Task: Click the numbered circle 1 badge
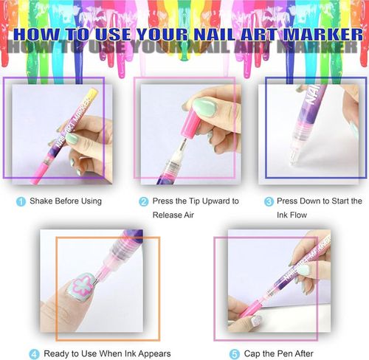21,201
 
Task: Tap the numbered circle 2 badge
143,201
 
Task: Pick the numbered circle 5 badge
235,354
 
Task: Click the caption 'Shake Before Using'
65,201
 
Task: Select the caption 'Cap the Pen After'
278,354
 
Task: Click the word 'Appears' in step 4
154,354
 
